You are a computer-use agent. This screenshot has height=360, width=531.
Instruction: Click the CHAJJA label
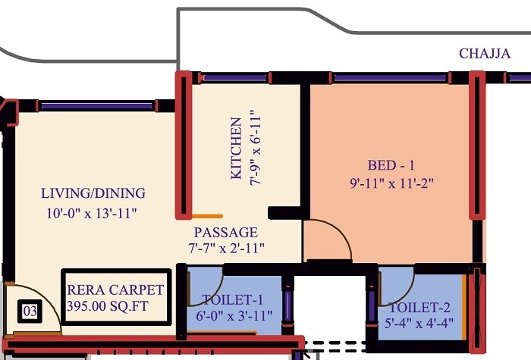click(485, 54)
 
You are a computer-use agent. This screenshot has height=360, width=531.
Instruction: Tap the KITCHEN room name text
click(236, 149)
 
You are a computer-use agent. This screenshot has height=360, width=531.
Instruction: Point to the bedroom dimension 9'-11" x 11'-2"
click(391, 182)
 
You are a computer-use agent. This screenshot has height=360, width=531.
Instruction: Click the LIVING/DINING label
click(93, 193)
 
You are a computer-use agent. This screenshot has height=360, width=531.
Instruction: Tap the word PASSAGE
click(225, 233)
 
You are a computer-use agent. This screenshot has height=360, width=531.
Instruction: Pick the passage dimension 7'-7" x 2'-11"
click(225, 248)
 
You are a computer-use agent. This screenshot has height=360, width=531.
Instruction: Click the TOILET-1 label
click(233, 299)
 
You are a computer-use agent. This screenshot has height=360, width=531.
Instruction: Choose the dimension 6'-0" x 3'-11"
click(233, 315)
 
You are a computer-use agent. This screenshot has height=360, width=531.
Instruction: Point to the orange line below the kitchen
click(206, 216)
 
